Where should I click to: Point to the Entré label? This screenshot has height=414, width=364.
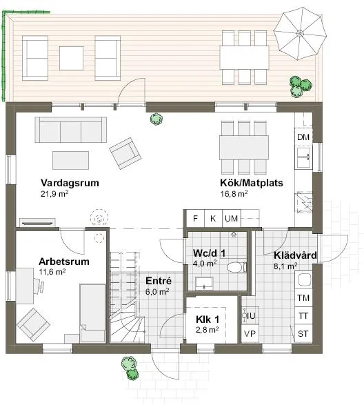point(158,281)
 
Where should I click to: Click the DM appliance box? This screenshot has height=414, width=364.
point(303,137)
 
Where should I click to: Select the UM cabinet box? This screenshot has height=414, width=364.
point(232,219)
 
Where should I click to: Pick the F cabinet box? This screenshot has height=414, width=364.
point(196,219)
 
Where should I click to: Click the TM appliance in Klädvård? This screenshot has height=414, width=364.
point(302,297)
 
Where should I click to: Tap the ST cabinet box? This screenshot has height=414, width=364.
point(302,335)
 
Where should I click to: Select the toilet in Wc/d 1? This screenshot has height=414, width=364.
point(233,268)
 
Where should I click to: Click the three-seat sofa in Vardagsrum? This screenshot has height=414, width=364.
point(72,130)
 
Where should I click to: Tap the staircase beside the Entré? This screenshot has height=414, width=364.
point(125,297)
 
